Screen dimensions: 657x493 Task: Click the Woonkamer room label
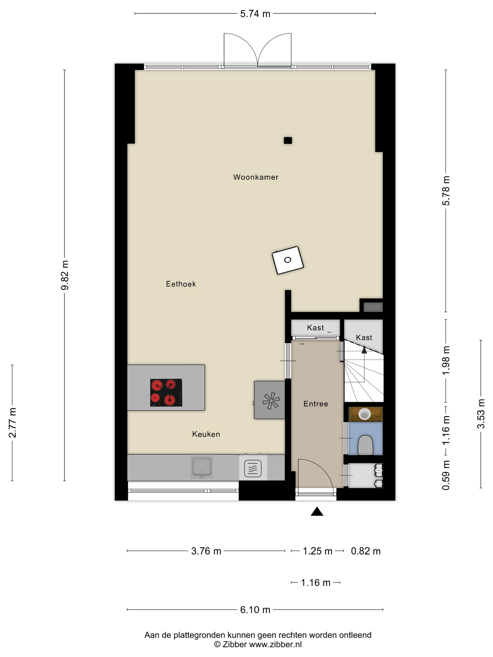pos(256,177)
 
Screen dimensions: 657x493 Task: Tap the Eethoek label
pos(181,284)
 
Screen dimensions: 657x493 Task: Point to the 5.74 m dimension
pos(255,14)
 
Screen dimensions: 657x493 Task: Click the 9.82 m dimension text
pos(65,275)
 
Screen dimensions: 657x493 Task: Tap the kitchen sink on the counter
pos(201,467)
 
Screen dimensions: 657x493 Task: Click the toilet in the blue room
pos(365,445)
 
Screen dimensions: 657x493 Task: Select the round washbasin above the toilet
pos(364,414)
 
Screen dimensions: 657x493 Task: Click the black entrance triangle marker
pos(317,512)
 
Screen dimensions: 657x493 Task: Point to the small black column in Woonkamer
pos(288,141)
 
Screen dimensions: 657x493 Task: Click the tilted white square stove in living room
pos(288,260)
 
